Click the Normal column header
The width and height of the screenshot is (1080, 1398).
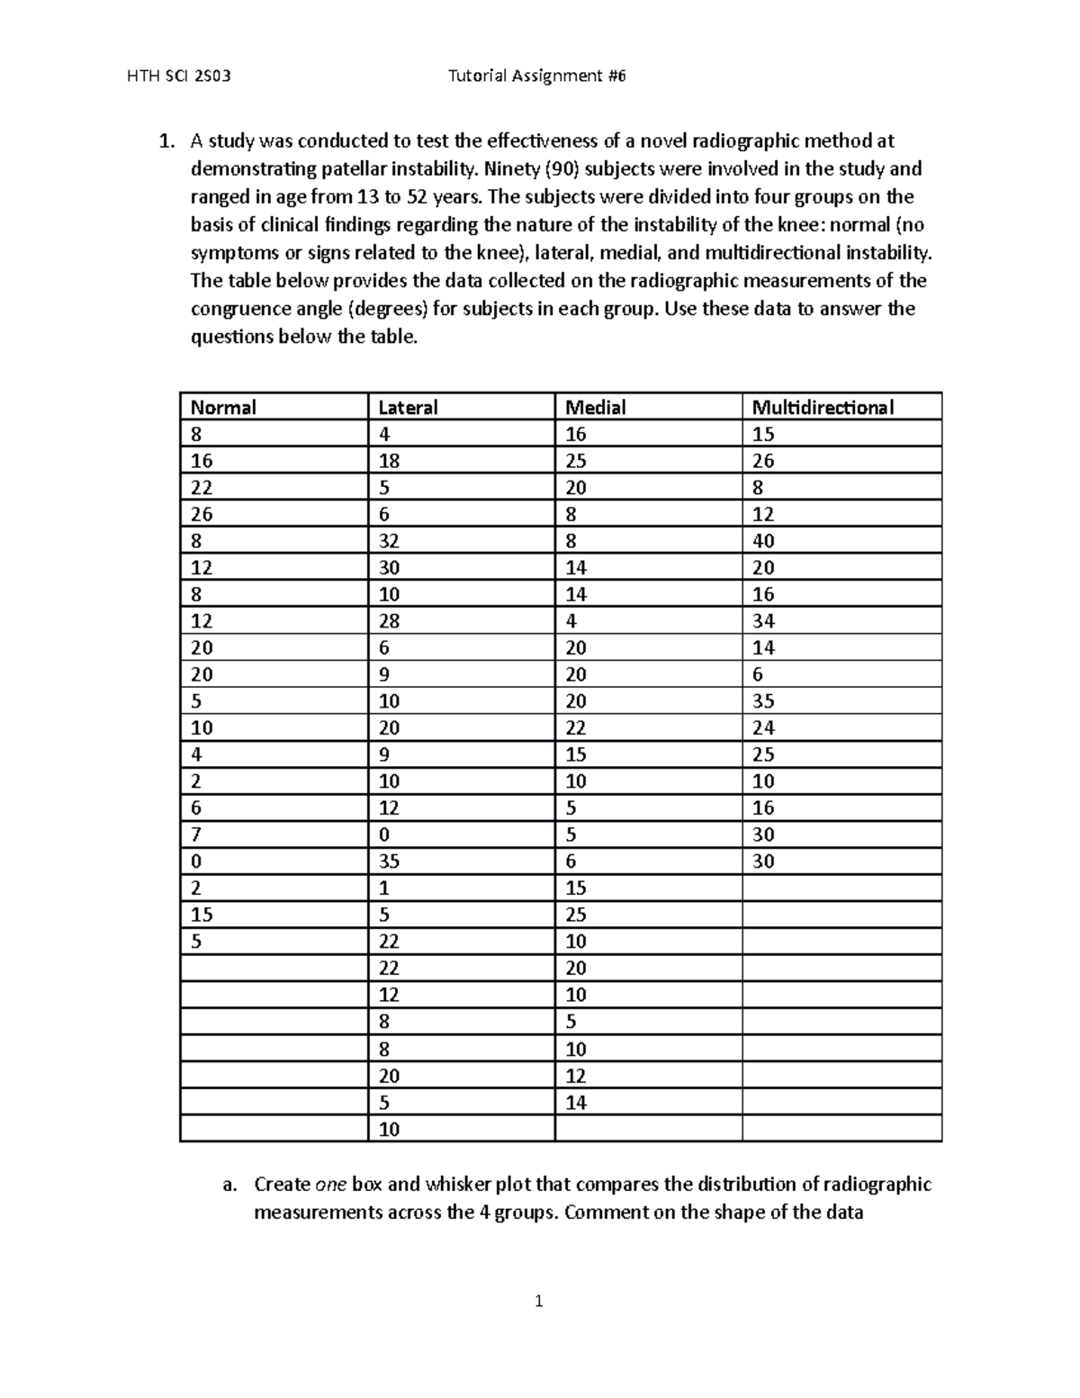[x=223, y=408]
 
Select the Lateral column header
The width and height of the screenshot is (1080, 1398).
[x=408, y=408]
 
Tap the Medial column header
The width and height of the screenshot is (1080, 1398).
[x=595, y=408]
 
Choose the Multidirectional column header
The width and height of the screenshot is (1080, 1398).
[x=823, y=408]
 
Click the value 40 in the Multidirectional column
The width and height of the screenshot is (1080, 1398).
[x=763, y=541]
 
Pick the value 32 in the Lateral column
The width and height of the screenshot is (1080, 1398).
[x=389, y=541]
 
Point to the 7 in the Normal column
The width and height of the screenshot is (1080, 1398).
[x=195, y=834]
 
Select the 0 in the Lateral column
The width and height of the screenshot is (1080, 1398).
[x=383, y=834]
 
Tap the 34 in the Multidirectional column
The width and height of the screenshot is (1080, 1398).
[x=763, y=621]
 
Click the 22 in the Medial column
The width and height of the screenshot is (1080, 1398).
[x=576, y=727]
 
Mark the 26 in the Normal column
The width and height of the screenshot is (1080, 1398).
[x=202, y=514]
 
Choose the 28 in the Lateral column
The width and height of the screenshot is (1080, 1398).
[x=389, y=621]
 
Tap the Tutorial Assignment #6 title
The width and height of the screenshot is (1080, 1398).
[x=536, y=77]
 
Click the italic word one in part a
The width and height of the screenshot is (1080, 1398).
[x=330, y=1185]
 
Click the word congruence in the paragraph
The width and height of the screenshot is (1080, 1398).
[x=234, y=309]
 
